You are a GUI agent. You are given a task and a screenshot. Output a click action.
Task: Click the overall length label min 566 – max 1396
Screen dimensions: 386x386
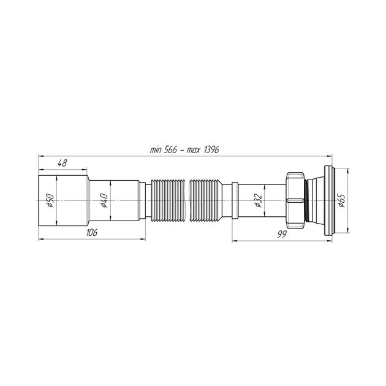coord(184,149)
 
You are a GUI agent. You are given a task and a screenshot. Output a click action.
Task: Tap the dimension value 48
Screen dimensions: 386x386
coord(62,163)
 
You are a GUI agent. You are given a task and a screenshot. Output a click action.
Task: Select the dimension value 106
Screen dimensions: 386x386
coord(92,232)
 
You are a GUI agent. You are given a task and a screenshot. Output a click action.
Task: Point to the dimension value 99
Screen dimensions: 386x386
coord(282,234)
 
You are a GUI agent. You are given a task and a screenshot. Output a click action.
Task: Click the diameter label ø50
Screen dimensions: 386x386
coord(50,200)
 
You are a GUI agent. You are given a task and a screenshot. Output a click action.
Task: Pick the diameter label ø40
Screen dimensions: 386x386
coord(104,200)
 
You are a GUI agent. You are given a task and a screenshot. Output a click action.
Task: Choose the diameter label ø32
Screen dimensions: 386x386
coord(258,200)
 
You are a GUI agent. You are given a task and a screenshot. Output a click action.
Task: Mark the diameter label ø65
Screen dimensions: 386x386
coord(341,200)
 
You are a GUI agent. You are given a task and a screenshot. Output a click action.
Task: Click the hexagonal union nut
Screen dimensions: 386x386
coord(295,200)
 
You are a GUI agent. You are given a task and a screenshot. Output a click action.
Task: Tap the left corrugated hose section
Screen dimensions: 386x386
coord(168,201)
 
